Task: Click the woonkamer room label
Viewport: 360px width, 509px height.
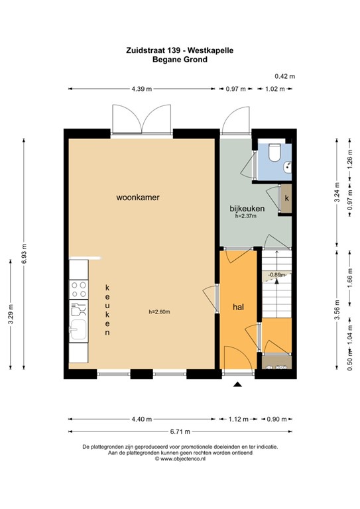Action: [138, 197]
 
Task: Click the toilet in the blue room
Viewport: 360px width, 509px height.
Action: [274, 154]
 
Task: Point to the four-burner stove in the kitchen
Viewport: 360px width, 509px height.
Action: [78, 289]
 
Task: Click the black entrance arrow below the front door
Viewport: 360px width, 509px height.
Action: [238, 384]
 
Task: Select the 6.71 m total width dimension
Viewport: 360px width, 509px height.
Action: [179, 431]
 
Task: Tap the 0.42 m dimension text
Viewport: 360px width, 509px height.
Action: [285, 76]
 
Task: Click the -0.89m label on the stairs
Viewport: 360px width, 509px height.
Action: [276, 274]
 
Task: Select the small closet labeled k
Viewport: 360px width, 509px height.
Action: [286, 198]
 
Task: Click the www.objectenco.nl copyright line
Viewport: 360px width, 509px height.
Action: [180, 458]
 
